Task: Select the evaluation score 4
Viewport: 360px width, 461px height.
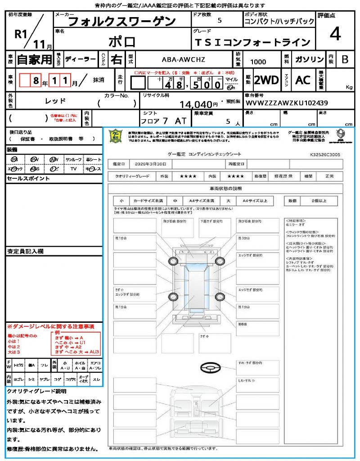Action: [334, 34]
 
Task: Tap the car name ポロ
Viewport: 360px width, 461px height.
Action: [122, 41]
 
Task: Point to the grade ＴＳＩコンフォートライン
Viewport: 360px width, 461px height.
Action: [252, 42]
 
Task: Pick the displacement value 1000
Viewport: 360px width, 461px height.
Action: [258, 62]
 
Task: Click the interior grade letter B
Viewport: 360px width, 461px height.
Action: [345, 59]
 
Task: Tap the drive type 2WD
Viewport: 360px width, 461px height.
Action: [266, 80]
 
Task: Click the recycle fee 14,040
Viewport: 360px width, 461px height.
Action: [196, 104]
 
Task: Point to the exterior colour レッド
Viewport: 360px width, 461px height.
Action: [56, 100]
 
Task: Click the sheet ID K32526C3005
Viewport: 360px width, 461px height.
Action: [325, 154]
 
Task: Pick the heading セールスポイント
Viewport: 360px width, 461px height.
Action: [28, 179]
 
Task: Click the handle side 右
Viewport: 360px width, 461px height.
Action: [117, 59]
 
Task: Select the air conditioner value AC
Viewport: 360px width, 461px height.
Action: [303, 80]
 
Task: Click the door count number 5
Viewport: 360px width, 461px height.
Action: [219, 20]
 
